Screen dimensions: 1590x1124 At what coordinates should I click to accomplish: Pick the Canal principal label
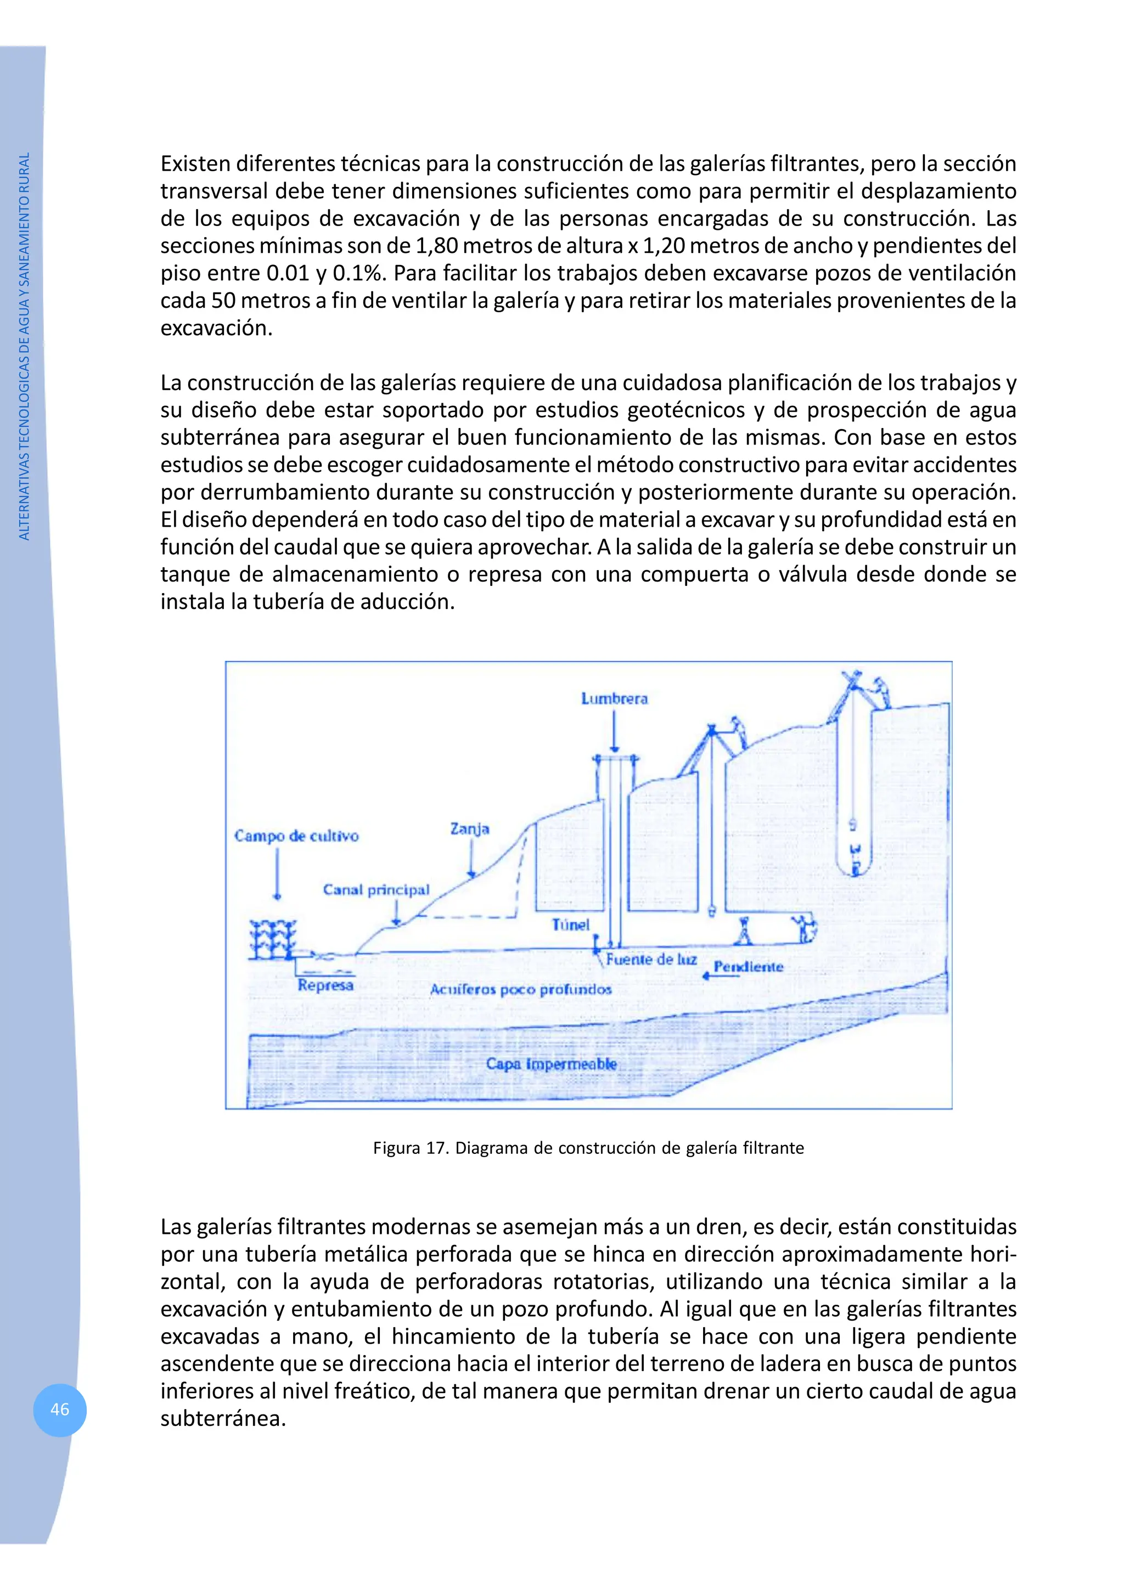(x=376, y=890)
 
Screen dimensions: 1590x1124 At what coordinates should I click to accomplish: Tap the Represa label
(x=325, y=985)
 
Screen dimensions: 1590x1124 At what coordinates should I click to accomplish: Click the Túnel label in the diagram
(x=571, y=924)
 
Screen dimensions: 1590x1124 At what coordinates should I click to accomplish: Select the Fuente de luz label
(x=651, y=959)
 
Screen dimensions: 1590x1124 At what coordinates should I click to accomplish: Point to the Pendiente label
(x=748, y=967)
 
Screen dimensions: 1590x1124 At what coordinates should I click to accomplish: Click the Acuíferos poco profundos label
(x=521, y=990)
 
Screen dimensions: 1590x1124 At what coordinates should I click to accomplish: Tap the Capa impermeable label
(x=551, y=1064)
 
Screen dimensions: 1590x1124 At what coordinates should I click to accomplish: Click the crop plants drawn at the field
(x=272, y=940)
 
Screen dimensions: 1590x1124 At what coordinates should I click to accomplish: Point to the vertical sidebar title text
(x=24, y=346)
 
